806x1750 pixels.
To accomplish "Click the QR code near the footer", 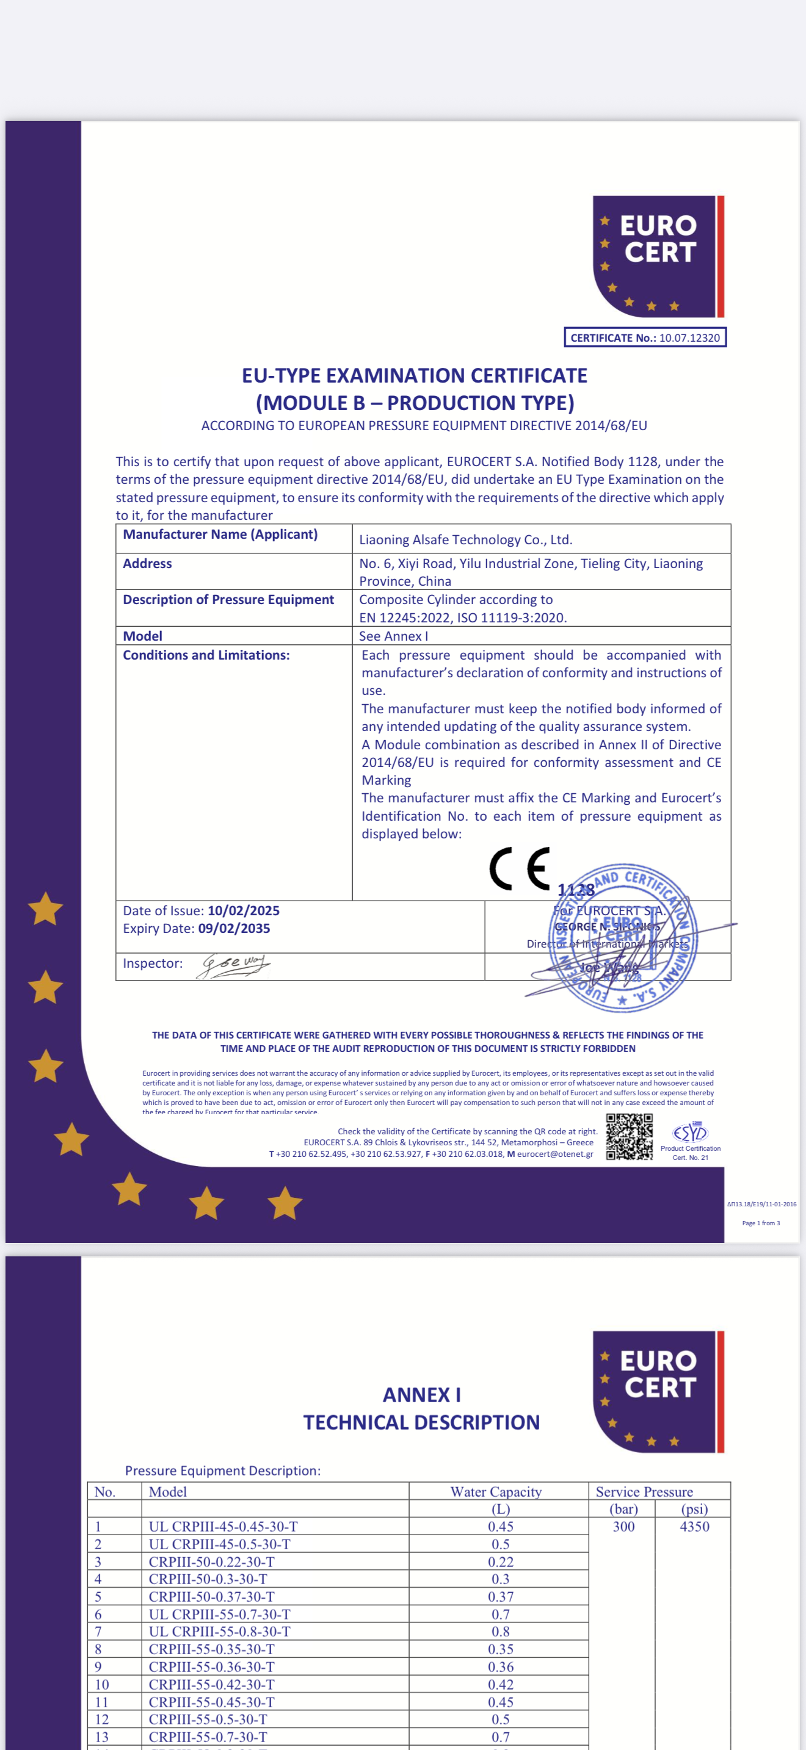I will tap(630, 1137).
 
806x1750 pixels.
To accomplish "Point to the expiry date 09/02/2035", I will tap(234, 928).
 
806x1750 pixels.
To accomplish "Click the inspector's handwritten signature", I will tap(234, 965).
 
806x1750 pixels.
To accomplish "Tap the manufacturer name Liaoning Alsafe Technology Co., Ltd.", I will tap(465, 539).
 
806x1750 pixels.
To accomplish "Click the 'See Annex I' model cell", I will tap(393, 636).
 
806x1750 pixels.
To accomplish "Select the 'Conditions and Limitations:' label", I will tap(206, 655).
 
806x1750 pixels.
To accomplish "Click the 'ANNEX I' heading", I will tap(421, 1395).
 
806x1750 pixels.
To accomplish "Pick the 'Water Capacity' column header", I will tap(496, 1491).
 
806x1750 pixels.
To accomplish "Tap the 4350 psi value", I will tap(694, 1527).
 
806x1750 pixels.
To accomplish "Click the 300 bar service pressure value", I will tap(623, 1527).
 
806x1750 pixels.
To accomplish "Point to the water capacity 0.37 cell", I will tap(501, 1596).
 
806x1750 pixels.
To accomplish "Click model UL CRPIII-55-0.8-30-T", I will tap(219, 1631).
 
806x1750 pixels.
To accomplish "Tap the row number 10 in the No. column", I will tap(102, 1684).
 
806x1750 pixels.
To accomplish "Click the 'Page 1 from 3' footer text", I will tap(760, 1223).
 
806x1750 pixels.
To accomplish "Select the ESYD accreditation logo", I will tap(690, 1132).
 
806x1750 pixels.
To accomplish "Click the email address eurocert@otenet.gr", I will tap(554, 1153).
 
